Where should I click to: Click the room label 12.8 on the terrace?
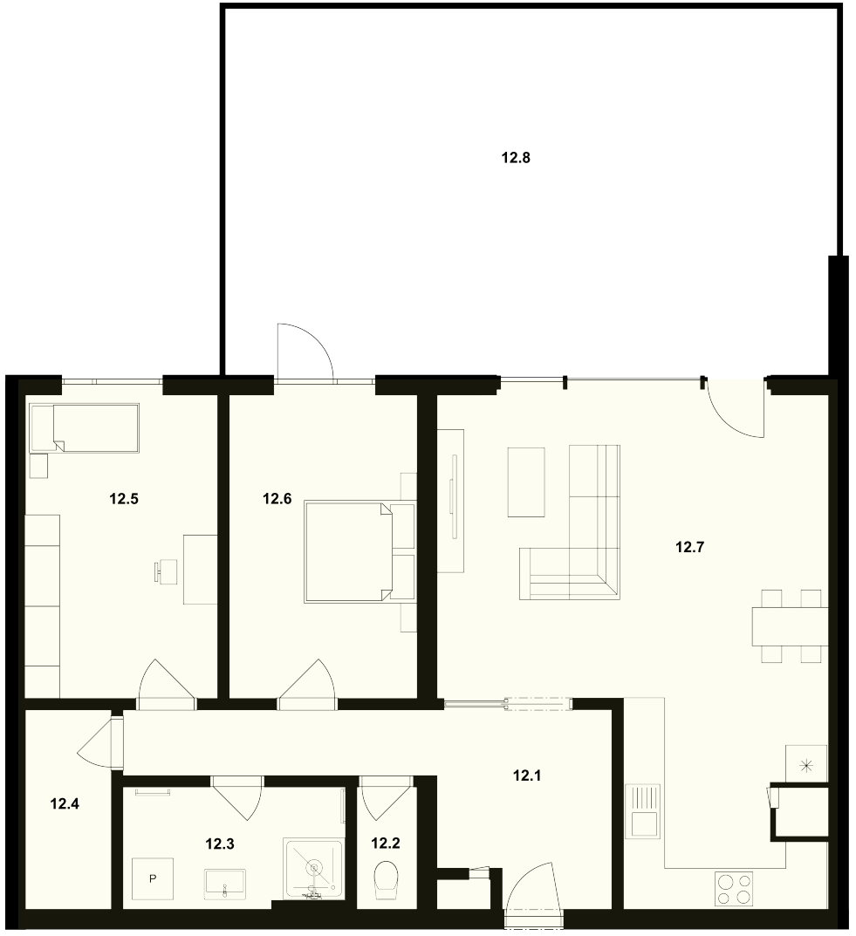pyautogui.click(x=516, y=158)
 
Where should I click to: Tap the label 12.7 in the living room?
pyautogui.click(x=690, y=547)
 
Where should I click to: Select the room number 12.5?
pyautogui.click(x=124, y=498)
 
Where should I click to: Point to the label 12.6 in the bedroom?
pyautogui.click(x=277, y=498)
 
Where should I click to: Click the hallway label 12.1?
pyautogui.click(x=527, y=775)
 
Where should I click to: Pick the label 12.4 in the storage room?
pyautogui.click(x=65, y=804)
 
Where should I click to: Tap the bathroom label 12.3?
pyautogui.click(x=220, y=844)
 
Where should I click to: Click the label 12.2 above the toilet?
pyautogui.click(x=386, y=843)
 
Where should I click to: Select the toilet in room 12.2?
pyautogui.click(x=387, y=880)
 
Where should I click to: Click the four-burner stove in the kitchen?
pyautogui.click(x=734, y=889)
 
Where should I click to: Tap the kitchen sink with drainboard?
pyautogui.click(x=643, y=811)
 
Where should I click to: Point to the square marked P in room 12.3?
pyautogui.click(x=152, y=878)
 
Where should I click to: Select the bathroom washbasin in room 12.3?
pyautogui.click(x=224, y=884)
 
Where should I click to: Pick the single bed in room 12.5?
pyautogui.click(x=84, y=428)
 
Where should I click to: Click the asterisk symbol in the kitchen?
pyautogui.click(x=806, y=765)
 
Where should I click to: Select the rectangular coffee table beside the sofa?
pyautogui.click(x=526, y=482)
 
